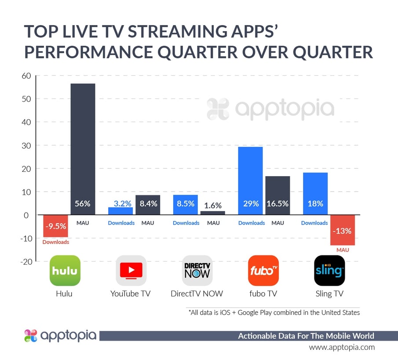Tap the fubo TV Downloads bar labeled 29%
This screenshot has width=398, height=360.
250,180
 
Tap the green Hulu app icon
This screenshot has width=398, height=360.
65,271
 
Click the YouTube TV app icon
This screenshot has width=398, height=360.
131,271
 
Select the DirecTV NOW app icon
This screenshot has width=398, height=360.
197,271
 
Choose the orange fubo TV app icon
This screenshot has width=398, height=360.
263,271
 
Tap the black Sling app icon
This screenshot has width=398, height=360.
329,271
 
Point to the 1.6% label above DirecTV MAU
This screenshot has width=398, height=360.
213,205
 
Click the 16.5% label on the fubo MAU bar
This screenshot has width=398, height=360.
278,204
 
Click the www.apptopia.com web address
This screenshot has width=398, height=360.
342,347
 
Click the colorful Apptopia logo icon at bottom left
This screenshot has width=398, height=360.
31,336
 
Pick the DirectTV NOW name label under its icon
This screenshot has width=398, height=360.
197,294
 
